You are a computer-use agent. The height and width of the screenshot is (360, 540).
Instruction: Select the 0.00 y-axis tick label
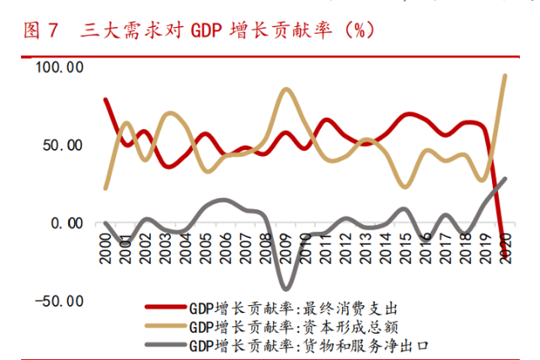point(66,223)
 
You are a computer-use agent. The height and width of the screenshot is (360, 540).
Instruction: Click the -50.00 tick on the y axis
point(59,301)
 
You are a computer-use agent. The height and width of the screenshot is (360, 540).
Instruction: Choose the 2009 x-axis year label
point(286,245)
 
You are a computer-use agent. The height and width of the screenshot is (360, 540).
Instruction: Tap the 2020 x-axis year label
point(506,245)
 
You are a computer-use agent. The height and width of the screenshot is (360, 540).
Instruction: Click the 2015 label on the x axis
point(406,245)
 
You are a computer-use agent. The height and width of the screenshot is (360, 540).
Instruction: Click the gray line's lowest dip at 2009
point(286,288)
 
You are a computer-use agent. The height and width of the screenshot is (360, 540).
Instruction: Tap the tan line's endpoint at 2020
point(505,76)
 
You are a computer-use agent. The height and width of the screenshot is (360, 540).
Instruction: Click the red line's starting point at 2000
point(106,99)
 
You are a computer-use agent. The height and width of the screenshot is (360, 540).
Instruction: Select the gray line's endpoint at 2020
point(505,179)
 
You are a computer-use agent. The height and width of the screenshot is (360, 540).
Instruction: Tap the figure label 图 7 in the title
point(40,31)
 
